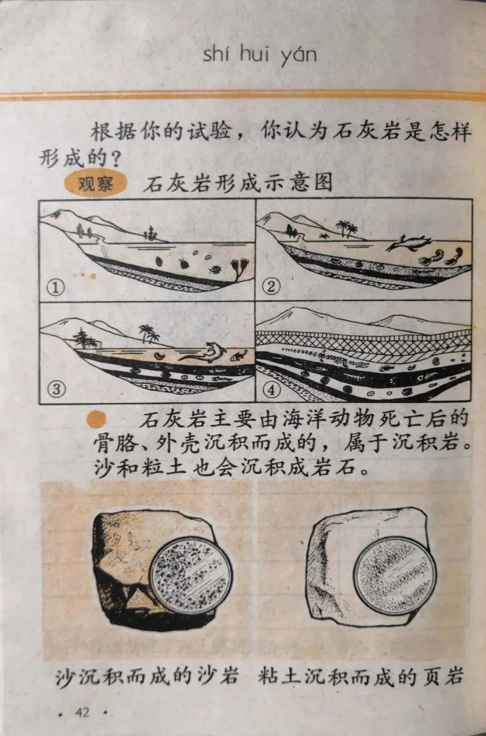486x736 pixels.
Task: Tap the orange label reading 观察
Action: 95,184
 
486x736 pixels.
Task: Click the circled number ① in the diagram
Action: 55,288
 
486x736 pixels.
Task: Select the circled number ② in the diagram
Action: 271,287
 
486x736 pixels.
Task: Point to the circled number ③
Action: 56,390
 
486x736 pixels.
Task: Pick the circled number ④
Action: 272,391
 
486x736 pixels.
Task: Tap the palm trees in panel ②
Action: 346,228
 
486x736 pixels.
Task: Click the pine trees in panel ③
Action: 84,338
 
